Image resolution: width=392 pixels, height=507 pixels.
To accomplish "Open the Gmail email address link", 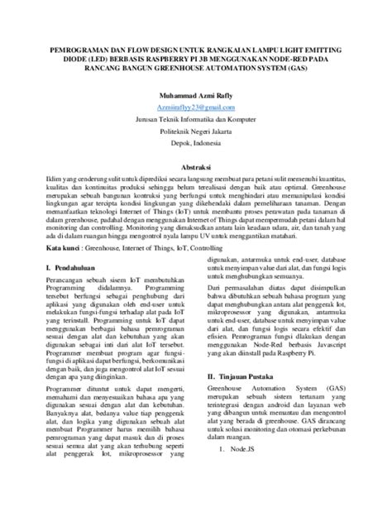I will pyautogui.click(x=195, y=108).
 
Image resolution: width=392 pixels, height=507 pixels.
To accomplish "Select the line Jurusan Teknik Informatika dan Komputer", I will pyautogui.click(x=195, y=119).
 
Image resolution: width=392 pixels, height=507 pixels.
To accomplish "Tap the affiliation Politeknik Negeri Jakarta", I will pyautogui.click(x=195, y=131).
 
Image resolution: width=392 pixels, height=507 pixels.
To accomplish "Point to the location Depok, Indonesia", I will pyautogui.click(x=195, y=142).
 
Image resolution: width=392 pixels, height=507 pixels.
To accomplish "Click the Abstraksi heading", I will pyautogui.click(x=195, y=165).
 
